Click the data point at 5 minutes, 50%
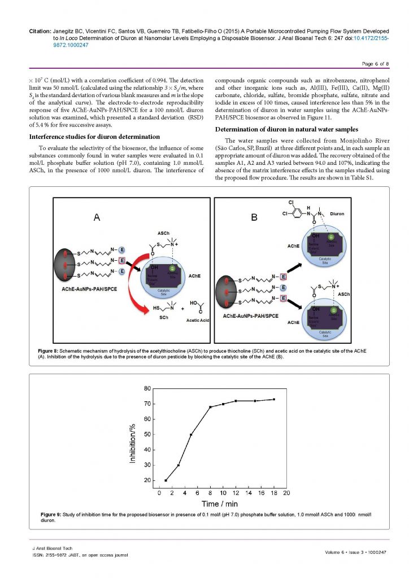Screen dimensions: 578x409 191,435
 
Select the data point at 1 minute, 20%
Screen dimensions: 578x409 166,480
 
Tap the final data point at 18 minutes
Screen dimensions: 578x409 274,399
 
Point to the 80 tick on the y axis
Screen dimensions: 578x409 150,388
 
